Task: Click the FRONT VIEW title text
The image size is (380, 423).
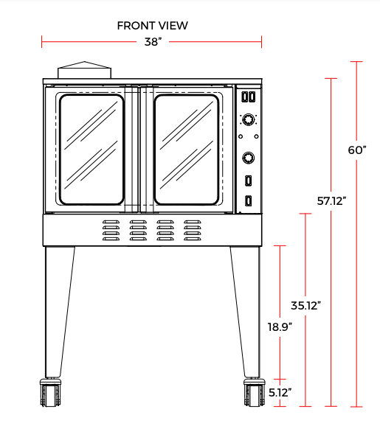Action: tap(152, 26)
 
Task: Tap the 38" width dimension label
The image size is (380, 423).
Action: tap(152, 42)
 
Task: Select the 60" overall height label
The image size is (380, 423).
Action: tap(357, 150)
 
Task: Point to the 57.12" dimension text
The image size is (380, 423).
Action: tap(331, 200)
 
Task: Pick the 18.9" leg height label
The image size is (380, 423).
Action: tap(280, 325)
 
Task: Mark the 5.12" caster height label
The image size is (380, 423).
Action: tap(280, 393)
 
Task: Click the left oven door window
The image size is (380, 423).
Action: tap(91, 149)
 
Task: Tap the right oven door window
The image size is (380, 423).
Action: tap(187, 149)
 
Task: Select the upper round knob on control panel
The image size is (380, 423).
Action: tap(249, 120)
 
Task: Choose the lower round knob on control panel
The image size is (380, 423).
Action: tap(249, 156)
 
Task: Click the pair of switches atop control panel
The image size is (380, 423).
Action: tap(249, 97)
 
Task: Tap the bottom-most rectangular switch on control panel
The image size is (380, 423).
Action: tap(249, 201)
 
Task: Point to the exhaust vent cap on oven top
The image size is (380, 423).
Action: tap(84, 70)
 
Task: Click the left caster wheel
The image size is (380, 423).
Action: tap(50, 394)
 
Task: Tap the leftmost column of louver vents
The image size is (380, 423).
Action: tap(111, 230)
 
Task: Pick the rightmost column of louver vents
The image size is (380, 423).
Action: tap(193, 230)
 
